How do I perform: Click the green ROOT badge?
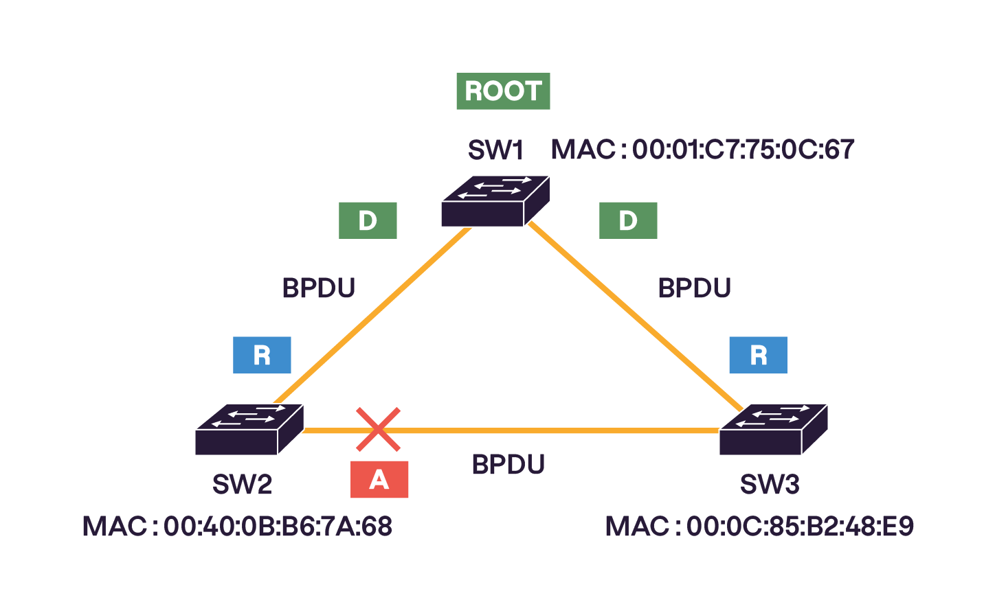(x=503, y=91)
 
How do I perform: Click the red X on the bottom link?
(x=378, y=430)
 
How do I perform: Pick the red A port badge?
(x=379, y=479)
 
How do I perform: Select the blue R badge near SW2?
(x=262, y=355)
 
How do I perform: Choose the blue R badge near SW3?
(x=758, y=355)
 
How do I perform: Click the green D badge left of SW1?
(x=368, y=220)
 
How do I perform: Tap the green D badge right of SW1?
(x=628, y=220)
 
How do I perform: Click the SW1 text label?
(x=495, y=150)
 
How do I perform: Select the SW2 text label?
(x=242, y=485)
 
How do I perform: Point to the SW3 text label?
(x=770, y=485)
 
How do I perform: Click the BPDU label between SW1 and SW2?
(x=319, y=288)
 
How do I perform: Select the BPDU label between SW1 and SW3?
(x=694, y=288)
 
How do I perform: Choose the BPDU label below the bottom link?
(x=508, y=465)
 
